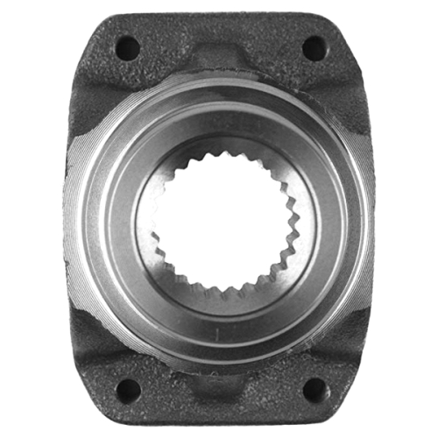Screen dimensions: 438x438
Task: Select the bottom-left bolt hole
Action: coord(126,389)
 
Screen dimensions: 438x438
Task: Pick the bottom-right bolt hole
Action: coord(313,389)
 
